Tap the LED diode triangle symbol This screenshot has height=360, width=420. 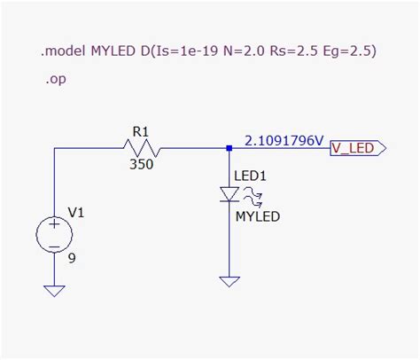click(x=229, y=194)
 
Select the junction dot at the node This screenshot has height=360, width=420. click(x=229, y=148)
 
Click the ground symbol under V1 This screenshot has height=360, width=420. click(x=54, y=290)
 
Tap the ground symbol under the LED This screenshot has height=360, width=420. click(x=229, y=281)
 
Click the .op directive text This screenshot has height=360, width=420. click(x=55, y=79)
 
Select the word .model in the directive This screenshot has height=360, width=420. click(x=63, y=51)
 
